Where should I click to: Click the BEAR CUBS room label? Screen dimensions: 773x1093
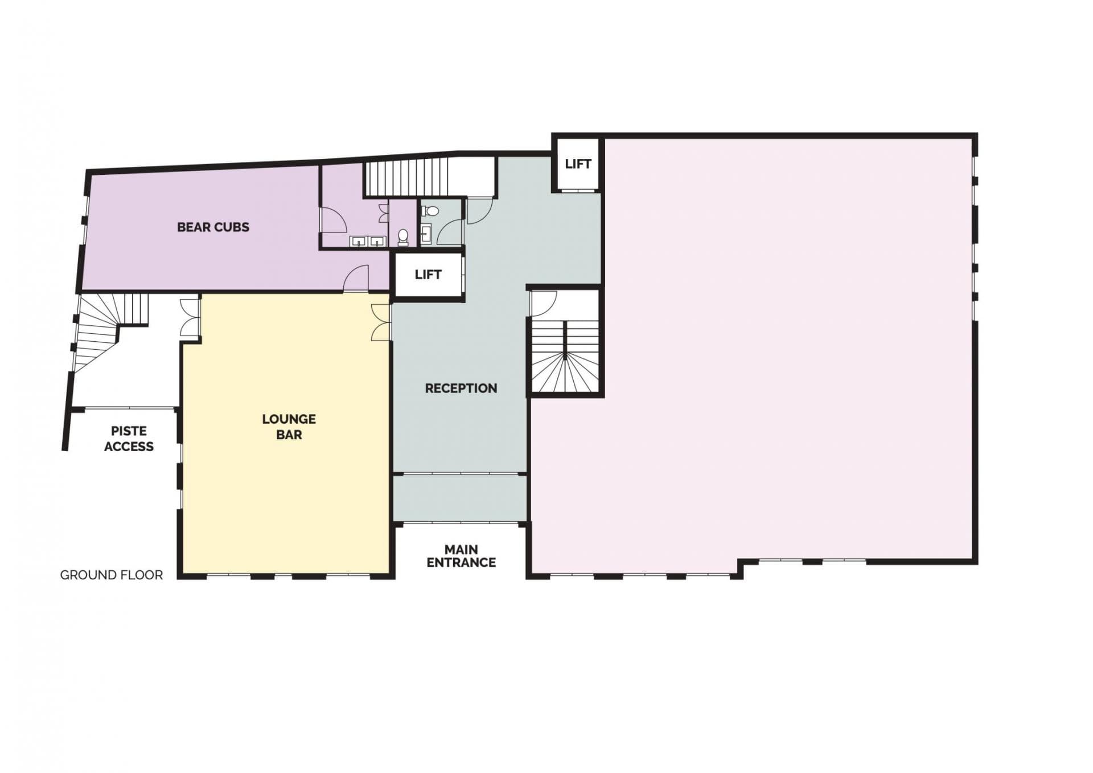[x=213, y=227]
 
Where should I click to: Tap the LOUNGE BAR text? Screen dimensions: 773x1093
[x=289, y=427]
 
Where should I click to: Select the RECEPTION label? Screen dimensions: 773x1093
[x=461, y=388]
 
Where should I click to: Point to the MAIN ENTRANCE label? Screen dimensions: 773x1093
[x=461, y=556]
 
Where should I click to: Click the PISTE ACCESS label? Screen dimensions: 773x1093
[x=129, y=439]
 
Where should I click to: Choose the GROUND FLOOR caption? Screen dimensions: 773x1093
[x=112, y=575]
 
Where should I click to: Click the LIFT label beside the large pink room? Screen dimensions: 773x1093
[x=577, y=164]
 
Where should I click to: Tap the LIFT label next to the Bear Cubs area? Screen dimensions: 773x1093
[x=428, y=275]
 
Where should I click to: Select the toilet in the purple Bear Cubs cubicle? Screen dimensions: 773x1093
[x=403, y=236]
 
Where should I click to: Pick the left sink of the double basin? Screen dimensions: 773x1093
[x=358, y=242]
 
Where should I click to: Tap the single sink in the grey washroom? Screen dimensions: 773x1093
[x=426, y=232]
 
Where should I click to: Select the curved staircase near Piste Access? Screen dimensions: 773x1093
[x=100, y=330]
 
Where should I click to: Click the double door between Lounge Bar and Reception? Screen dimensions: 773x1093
[x=381, y=322]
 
